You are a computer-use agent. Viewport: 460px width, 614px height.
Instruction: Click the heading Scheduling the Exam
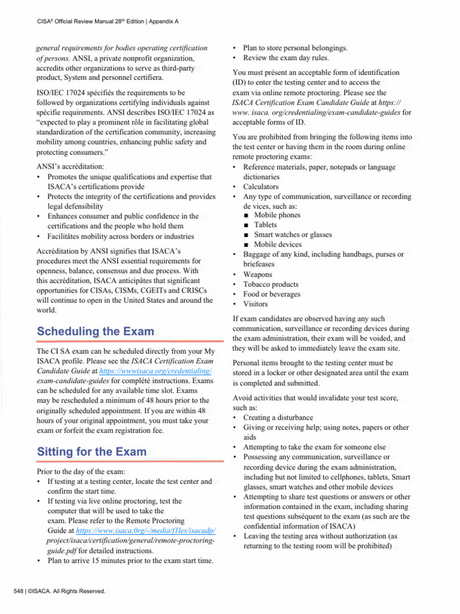[95, 332]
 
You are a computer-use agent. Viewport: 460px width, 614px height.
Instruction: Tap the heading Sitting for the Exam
[92, 452]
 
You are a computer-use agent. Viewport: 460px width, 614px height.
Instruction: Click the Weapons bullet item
[258, 274]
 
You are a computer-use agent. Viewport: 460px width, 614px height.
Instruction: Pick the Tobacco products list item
[271, 284]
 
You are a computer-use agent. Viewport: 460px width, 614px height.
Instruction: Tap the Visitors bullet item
[256, 304]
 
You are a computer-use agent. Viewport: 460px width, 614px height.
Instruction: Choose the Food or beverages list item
[272, 294]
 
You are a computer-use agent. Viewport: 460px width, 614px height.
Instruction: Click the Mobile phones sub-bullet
[277, 215]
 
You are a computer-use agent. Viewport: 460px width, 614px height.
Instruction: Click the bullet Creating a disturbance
[278, 417]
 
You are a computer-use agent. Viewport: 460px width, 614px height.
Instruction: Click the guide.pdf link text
[53, 550]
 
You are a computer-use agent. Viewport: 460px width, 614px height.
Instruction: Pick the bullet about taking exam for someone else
[314, 447]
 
